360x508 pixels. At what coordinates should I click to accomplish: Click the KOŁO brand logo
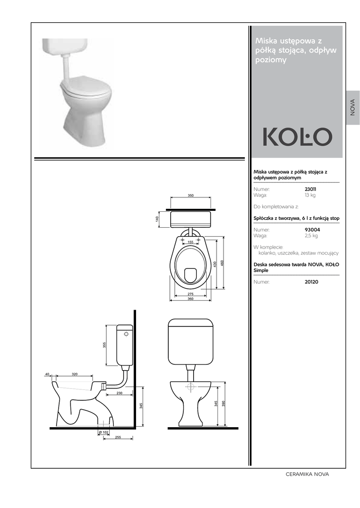coord(297,137)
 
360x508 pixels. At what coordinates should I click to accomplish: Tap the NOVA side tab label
coord(353,108)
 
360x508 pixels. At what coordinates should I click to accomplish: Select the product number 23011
coord(310,189)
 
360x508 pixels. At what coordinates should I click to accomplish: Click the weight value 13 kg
coord(310,195)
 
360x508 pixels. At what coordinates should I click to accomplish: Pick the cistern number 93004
coord(312,230)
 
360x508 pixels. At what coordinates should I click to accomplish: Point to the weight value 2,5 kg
coord(311,236)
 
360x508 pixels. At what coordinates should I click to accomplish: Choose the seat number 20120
coord(311,282)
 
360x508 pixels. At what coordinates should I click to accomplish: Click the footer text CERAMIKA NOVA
coord(307,474)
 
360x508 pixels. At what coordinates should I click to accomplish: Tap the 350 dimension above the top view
coord(191,195)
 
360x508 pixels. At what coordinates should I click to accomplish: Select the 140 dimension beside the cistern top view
coord(157,219)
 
